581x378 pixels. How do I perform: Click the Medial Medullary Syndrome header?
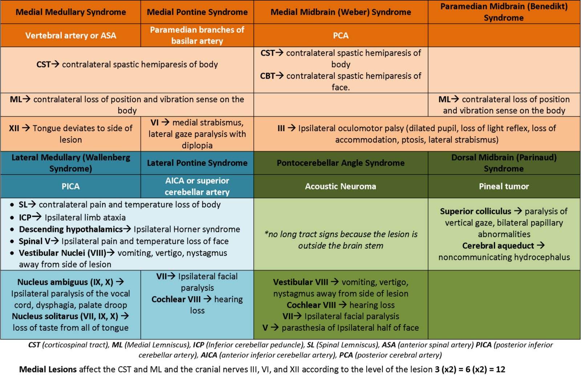coord(70,12)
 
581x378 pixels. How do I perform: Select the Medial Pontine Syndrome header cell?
coord(197,12)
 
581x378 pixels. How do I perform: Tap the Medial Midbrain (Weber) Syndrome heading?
coord(341,12)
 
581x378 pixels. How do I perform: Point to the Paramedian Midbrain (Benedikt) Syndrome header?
coord(504,12)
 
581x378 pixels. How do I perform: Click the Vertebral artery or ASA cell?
coord(70,35)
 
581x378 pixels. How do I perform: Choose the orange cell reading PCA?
coord(341,35)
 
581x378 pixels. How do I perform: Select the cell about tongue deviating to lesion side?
coord(70,134)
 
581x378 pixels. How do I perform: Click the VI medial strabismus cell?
coord(197,134)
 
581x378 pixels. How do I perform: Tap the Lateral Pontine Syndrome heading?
coord(197,163)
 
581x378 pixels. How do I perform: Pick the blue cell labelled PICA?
coord(70,186)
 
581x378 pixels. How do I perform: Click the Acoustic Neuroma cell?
coord(341,186)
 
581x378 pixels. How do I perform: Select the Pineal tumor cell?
coord(504,186)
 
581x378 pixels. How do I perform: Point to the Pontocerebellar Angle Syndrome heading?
coord(341,163)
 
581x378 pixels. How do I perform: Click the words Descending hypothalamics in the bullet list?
coord(71,229)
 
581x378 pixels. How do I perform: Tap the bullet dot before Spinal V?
coord(12,241)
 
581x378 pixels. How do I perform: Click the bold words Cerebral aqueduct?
coord(498,246)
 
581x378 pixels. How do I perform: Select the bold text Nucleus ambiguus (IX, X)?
coord(65,282)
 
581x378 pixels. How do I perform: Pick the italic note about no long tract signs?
coord(341,240)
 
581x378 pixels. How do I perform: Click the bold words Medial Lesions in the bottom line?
coord(48,370)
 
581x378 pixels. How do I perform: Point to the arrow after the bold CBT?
coord(280,76)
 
